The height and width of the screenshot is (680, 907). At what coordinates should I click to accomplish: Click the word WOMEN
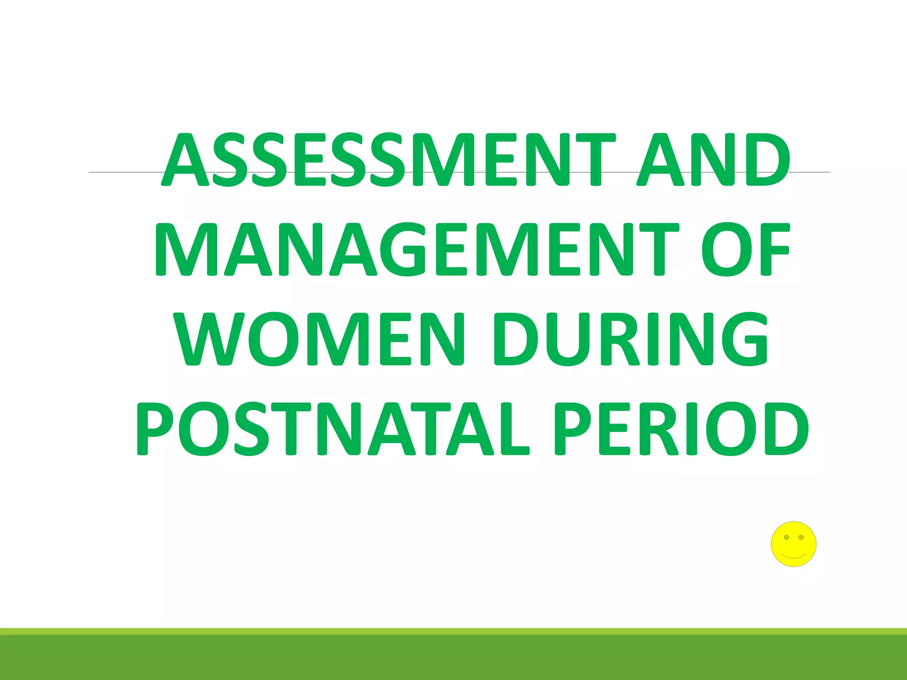pyautogui.click(x=319, y=340)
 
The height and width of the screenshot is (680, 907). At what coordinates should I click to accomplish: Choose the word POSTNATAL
pyautogui.click(x=332, y=429)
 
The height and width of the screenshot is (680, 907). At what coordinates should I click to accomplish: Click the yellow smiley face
pyautogui.click(x=793, y=544)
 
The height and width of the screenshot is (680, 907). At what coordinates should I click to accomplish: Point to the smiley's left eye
pyautogui.click(x=786, y=537)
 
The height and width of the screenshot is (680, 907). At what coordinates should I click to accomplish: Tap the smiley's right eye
pyautogui.click(x=801, y=537)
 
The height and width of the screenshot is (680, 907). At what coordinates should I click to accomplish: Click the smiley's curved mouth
pyautogui.click(x=793, y=556)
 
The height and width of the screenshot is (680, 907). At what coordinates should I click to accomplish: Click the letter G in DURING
pyautogui.click(x=744, y=340)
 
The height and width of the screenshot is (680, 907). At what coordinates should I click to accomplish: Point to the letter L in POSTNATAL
pyautogui.click(x=514, y=429)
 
